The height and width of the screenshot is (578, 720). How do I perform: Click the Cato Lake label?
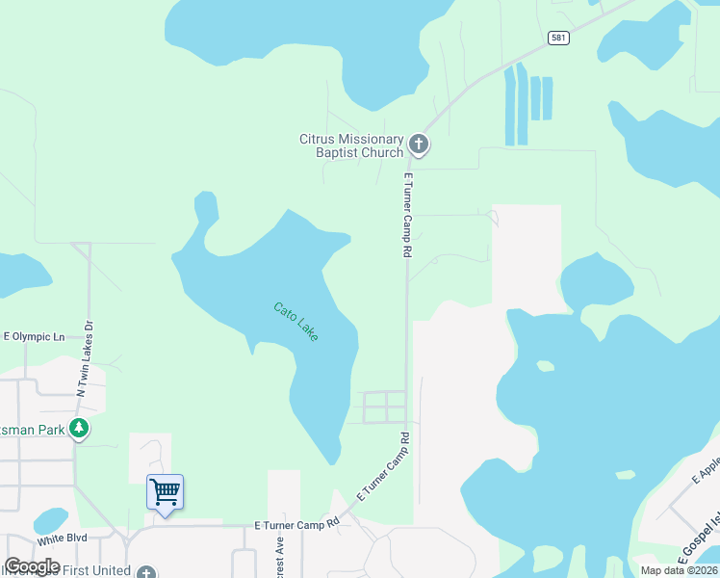click(296, 322)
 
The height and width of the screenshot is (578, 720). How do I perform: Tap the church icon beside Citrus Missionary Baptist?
click(419, 144)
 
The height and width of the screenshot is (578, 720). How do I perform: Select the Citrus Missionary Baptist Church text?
click(350, 145)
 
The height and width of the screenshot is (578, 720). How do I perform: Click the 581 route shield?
click(558, 38)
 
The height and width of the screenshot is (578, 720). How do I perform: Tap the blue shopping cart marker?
click(165, 492)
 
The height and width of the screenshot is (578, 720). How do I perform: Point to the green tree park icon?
click(79, 429)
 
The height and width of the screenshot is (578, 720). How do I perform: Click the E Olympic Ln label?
click(34, 337)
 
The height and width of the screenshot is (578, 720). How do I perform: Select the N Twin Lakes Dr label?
click(87, 356)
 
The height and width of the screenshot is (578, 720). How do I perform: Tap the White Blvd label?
click(64, 538)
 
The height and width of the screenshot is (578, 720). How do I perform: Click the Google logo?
click(32, 566)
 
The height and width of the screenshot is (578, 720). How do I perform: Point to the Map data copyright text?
click(678, 570)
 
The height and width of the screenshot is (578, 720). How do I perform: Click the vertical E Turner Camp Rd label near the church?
click(408, 215)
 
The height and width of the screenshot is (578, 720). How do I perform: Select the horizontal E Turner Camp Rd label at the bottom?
click(296, 524)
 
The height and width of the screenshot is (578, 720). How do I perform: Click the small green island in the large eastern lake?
click(546, 366)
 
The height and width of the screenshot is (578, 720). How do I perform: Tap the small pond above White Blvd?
click(50, 521)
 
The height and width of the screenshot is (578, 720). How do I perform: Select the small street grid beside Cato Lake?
click(383, 407)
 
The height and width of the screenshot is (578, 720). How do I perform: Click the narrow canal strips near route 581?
click(528, 101)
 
